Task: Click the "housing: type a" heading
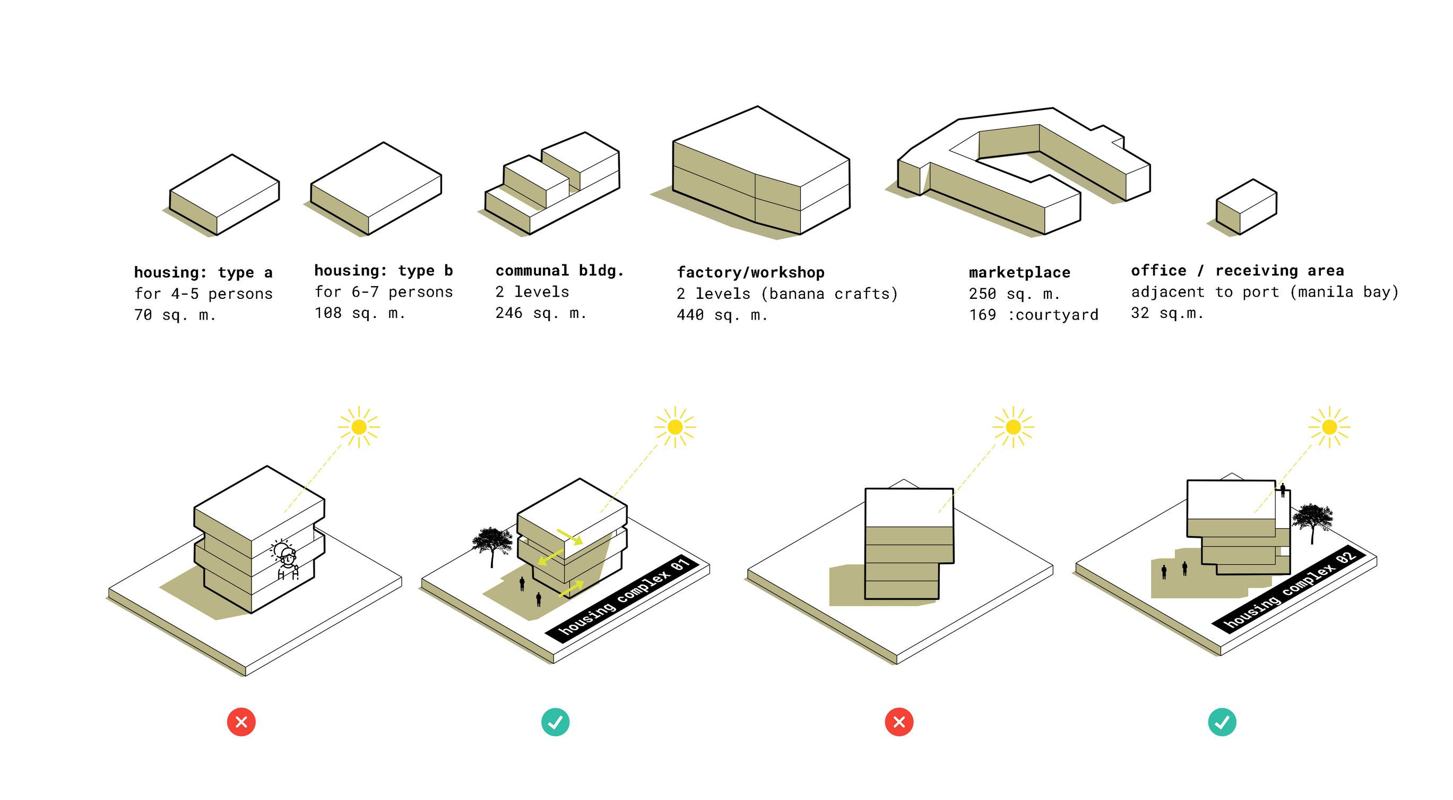coord(203,272)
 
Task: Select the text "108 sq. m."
coord(360,313)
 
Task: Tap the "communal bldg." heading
coord(559,271)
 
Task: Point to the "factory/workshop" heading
coord(750,272)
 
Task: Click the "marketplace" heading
coord(1019,272)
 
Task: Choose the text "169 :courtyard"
coord(1033,315)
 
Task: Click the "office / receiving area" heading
coord(1237,271)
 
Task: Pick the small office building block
coord(1246,207)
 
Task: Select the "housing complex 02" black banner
coord(1290,589)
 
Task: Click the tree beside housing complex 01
coord(492,543)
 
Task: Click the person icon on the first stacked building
coord(288,561)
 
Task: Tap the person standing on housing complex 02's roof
coord(1283,489)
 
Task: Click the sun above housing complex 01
coord(674,427)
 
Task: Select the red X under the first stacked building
coord(241,721)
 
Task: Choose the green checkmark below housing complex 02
coord(1222,721)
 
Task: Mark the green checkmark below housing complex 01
coord(555,721)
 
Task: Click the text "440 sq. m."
coord(722,315)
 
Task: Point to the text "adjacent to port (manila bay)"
coord(1264,293)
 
